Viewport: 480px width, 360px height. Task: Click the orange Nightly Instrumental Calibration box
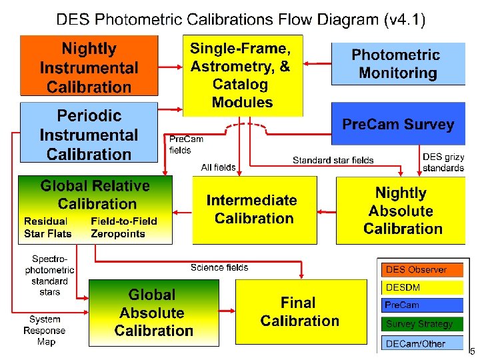89,67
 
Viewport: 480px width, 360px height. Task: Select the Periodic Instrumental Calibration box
89,133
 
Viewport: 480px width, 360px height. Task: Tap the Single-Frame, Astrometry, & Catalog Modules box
242,75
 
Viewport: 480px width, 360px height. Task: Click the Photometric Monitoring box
397,63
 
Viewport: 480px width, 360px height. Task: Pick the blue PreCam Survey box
397,124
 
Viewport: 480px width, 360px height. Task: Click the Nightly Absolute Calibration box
400,211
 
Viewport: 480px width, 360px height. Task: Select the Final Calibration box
300,312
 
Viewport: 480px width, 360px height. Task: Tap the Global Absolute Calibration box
154,312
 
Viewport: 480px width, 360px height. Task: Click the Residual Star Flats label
47,227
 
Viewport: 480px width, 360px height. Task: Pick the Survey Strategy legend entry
419,324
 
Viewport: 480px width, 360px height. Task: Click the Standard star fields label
333,161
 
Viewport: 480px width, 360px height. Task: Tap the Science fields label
219,267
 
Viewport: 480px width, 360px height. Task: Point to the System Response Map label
45,331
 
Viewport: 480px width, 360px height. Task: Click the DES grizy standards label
443,163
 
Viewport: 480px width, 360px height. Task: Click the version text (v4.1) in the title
405,19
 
